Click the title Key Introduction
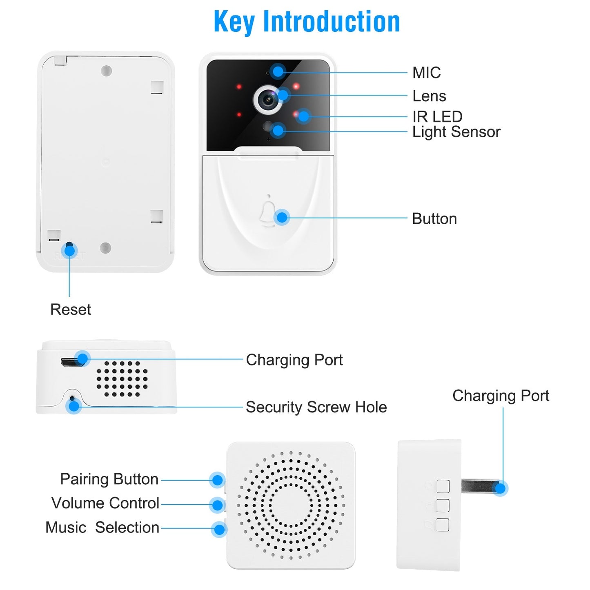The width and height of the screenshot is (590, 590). [307, 22]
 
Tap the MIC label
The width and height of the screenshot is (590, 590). [426, 73]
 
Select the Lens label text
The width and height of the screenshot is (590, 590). [429, 96]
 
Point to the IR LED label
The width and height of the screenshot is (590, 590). [437, 117]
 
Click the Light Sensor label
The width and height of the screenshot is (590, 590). [456, 132]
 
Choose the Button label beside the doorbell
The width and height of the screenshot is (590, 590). [434, 219]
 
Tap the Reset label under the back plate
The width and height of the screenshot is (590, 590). [70, 309]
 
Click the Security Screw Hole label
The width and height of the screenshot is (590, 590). [316, 407]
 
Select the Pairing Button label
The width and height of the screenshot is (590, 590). [109, 479]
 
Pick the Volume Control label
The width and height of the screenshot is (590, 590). [105, 503]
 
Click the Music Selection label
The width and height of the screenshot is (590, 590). [102, 528]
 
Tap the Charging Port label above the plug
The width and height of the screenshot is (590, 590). [501, 396]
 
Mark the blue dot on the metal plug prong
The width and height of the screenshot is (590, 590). [500, 488]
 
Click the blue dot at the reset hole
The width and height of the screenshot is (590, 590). [70, 250]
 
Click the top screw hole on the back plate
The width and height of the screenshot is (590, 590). [106, 71]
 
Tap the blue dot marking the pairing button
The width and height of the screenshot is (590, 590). [217, 480]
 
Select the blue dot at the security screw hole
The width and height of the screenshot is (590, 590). [74, 406]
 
